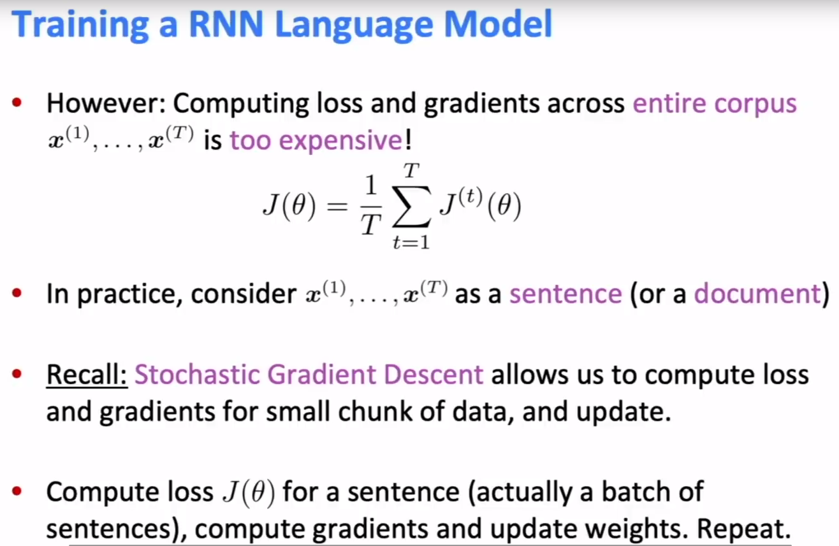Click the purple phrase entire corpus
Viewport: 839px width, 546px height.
(714, 104)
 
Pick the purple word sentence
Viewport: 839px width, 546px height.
(565, 294)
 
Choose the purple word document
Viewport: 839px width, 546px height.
(756, 294)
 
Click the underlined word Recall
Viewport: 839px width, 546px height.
(88, 375)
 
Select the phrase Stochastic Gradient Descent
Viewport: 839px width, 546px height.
(309, 375)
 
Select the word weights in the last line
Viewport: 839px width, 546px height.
(648, 529)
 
